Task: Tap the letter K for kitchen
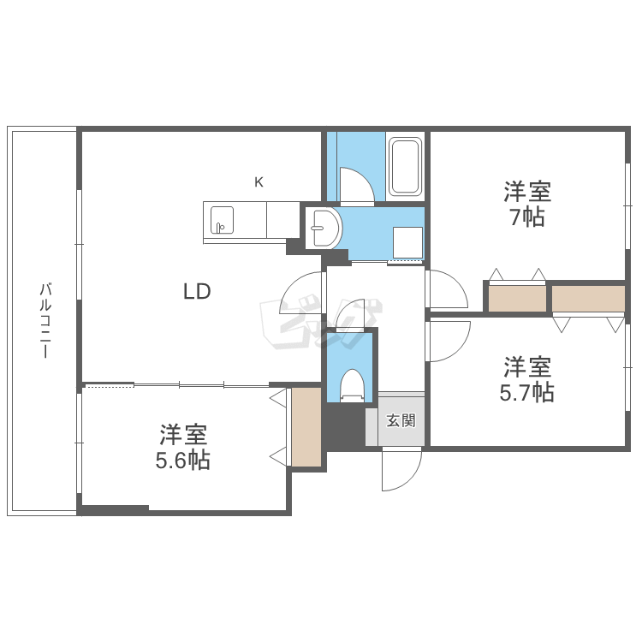click(259, 181)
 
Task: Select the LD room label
click(197, 291)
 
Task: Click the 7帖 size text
click(526, 217)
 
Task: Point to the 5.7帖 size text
click(526, 392)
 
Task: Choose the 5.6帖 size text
click(183, 460)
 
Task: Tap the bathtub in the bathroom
click(405, 166)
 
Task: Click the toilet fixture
click(353, 384)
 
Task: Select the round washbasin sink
click(326, 228)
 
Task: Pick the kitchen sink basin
click(223, 221)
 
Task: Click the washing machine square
click(407, 241)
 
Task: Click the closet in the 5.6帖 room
click(306, 427)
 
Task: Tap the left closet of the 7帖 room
click(516, 298)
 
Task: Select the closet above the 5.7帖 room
click(588, 298)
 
